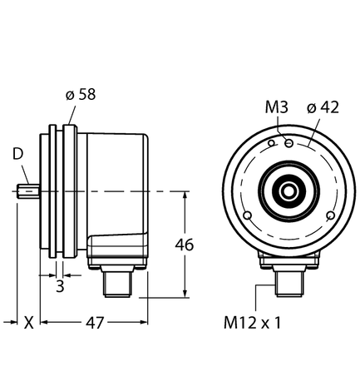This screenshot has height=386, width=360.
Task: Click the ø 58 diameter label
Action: click(81, 94)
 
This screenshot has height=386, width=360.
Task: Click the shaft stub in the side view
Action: click(27, 192)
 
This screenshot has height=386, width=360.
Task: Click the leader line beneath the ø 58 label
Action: click(72, 113)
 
